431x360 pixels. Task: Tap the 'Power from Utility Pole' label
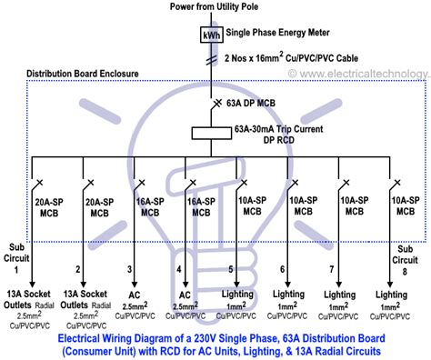215,7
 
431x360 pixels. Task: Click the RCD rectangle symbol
215,133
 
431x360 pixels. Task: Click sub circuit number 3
129,269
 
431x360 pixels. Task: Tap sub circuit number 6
284,269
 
